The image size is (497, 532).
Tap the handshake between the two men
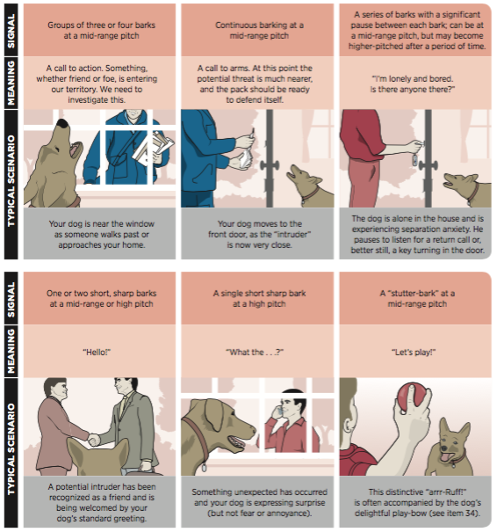coord(94,440)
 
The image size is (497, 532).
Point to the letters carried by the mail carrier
coord(154,147)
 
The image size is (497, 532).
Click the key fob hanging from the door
coord(414,160)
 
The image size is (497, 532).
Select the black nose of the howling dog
coord(63,124)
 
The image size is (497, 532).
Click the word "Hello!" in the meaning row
coord(97,353)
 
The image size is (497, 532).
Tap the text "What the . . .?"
coord(255,353)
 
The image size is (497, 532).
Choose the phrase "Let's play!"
coord(414,353)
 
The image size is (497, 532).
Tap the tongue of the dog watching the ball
coord(447,456)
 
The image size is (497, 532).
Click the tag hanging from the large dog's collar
coord(204,467)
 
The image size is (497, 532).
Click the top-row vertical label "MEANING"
coord(11,83)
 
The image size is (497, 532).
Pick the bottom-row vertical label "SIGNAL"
coord(11,299)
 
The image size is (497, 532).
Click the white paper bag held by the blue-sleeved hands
coord(245,158)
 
